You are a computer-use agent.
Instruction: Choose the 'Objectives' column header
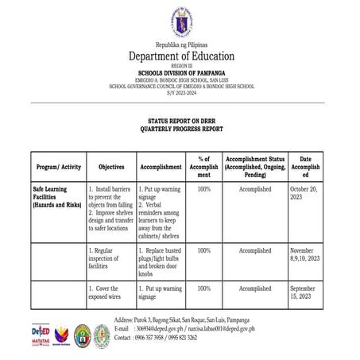point(111,168)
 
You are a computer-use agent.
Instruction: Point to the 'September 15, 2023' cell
point(304,293)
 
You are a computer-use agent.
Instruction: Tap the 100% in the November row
point(203,251)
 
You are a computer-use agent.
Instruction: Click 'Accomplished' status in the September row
point(254,288)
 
